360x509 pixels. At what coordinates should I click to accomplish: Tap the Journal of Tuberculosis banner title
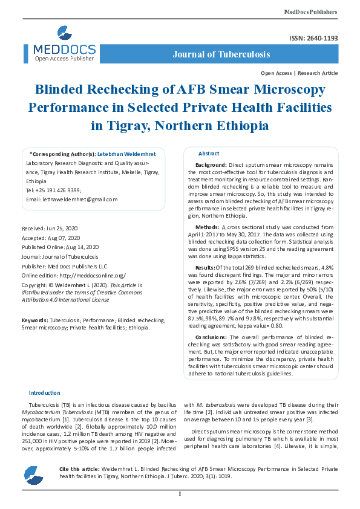click(221, 54)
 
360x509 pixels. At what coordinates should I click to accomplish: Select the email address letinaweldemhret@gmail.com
click(72, 199)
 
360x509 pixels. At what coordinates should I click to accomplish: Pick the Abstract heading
click(209, 154)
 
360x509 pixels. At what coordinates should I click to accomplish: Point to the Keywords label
click(34, 320)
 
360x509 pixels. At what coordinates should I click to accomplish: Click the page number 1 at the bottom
click(180, 494)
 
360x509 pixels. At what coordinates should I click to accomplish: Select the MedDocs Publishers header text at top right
click(311, 11)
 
